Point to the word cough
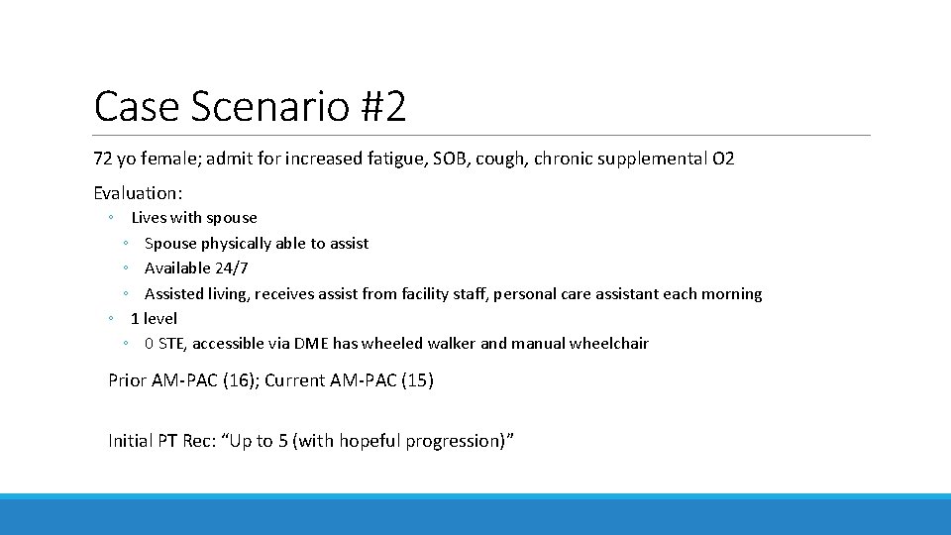click(500, 159)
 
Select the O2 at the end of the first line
click(723, 159)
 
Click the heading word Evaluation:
click(138, 193)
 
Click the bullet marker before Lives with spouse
click(113, 218)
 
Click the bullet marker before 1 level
click(113, 319)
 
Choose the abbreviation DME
click(312, 344)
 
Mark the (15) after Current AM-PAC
click(416, 380)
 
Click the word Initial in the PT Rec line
click(130, 441)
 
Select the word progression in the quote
click(450, 441)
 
